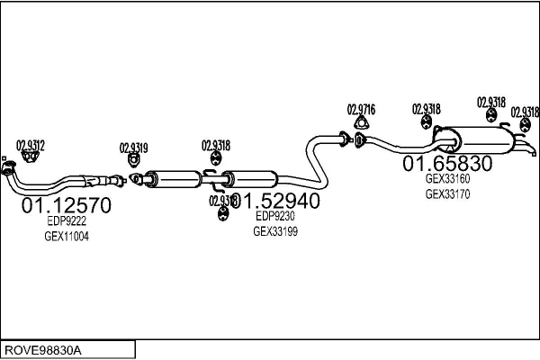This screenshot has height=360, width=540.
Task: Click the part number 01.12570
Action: point(66,206)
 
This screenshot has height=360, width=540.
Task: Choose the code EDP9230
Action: point(275,216)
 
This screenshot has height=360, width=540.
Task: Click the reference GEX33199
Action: point(275,231)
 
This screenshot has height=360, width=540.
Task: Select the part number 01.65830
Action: point(447,164)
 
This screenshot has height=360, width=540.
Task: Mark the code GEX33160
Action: point(447,178)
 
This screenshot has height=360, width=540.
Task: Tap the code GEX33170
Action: point(447,193)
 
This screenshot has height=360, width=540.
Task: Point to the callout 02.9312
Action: point(31,144)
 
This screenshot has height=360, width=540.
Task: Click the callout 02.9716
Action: point(361,110)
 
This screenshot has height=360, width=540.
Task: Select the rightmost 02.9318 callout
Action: point(525,112)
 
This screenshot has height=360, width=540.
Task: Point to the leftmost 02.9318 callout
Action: point(216,145)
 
